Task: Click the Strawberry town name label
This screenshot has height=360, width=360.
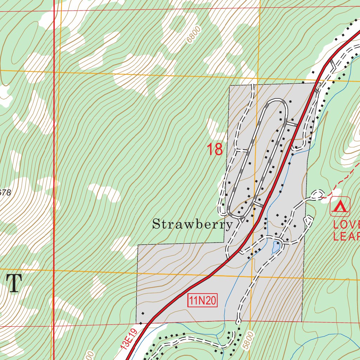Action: point(192,224)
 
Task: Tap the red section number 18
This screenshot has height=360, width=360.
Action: point(214,149)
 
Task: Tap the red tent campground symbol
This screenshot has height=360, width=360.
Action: point(340,206)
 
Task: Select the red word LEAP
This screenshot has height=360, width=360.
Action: point(346,236)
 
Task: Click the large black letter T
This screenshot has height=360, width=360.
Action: point(14,283)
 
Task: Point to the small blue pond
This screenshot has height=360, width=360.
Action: point(275,248)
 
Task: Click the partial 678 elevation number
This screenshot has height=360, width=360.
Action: point(5,192)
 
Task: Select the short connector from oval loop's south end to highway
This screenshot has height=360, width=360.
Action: point(258,204)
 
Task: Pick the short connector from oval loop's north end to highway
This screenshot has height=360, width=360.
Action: point(291,124)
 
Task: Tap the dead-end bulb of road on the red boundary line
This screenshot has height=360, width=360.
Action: point(238,321)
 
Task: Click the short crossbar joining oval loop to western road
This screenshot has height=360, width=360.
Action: point(242,150)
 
